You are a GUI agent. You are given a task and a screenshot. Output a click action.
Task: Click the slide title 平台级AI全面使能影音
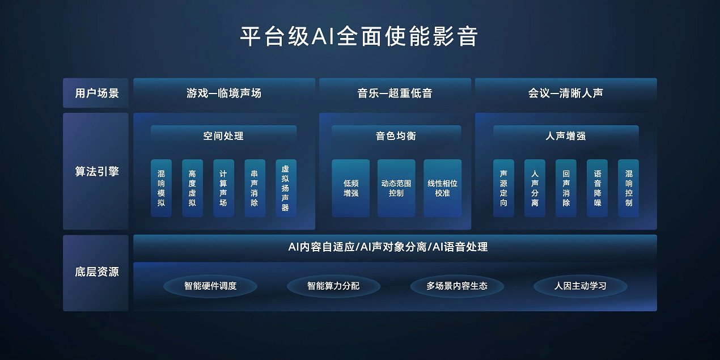coord(359,36)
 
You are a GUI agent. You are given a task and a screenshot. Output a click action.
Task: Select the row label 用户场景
coord(96,93)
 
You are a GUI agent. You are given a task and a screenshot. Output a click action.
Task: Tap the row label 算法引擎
coord(96,171)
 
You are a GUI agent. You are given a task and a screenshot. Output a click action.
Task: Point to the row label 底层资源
coord(96,272)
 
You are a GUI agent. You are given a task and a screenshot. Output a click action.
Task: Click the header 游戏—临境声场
coord(224,93)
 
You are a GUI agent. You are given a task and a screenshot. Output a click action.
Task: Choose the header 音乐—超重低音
coord(395,93)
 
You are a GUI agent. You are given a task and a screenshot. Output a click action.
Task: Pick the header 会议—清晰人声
coord(566,93)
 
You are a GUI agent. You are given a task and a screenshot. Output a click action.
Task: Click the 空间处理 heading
coord(223,136)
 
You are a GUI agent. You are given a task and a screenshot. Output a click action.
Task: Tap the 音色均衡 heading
coord(396,136)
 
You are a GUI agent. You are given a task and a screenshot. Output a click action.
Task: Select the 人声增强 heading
coord(566,136)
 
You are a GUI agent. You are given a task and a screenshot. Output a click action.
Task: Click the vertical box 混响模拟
coord(161,188)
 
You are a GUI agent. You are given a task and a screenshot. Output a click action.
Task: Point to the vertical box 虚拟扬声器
coord(285,188)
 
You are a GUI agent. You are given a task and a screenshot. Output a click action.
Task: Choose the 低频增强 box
coord(350,188)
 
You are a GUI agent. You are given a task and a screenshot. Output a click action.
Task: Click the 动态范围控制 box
coord(396,188)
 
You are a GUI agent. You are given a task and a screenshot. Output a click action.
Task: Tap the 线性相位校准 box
coord(442,188)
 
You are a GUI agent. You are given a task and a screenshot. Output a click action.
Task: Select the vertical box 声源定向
coord(503,188)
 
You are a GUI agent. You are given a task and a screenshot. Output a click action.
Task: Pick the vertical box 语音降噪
coord(597,188)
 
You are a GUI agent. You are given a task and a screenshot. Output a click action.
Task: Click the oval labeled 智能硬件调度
coord(210,286)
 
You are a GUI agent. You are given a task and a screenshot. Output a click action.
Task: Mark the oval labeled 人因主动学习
coord(581,286)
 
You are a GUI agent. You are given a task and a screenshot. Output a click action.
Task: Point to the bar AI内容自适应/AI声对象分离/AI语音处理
coord(395,247)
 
